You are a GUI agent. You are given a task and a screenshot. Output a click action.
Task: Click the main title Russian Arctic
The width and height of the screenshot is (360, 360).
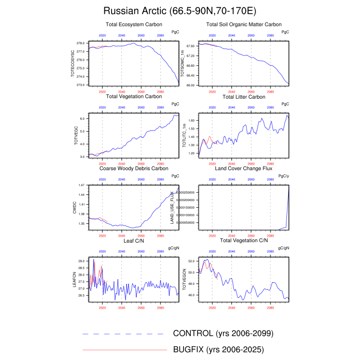point(179,11)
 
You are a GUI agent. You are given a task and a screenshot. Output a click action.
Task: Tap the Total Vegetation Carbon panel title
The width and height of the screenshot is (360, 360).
point(134,96)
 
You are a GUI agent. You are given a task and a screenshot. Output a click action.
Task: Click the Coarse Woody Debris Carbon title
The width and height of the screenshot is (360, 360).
point(134,168)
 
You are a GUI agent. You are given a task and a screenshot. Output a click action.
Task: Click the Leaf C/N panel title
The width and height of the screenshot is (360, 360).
point(134,241)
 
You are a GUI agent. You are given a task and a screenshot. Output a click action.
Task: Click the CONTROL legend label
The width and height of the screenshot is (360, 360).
point(223,333)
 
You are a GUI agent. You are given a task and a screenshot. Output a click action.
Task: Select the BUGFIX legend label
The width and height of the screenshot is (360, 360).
point(219,350)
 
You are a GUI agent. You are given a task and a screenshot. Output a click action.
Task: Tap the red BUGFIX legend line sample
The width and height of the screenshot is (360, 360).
point(125,350)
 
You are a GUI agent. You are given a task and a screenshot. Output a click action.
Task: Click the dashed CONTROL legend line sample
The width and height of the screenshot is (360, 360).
point(125,334)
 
